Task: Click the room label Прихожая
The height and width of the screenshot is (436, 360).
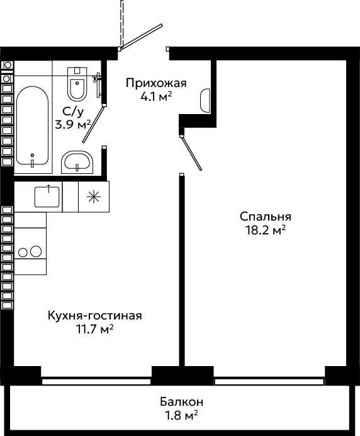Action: [x=156, y=83]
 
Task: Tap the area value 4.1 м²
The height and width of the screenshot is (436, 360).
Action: [x=156, y=96]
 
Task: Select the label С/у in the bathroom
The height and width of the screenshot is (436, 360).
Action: [x=73, y=112]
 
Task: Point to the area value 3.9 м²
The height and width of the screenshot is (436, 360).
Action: [x=73, y=125]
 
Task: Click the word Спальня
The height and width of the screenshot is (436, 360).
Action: [x=265, y=217]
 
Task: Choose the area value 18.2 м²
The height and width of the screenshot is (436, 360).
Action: [x=265, y=230]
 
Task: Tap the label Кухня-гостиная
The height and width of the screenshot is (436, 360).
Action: [x=95, y=316]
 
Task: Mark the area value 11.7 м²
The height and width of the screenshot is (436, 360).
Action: [x=95, y=330]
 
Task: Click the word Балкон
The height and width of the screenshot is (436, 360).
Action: [x=181, y=402]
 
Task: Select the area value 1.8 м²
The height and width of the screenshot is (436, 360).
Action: [x=181, y=415]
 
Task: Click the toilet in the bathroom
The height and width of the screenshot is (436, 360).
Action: [x=77, y=84]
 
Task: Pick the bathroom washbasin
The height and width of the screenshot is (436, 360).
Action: [x=77, y=163]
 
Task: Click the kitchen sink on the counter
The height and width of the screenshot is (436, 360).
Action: [x=47, y=197]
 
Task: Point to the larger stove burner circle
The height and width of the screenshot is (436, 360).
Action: [x=36, y=251]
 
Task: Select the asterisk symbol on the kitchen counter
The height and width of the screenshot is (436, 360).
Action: [x=94, y=197]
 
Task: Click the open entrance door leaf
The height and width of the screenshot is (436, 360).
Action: [x=142, y=37]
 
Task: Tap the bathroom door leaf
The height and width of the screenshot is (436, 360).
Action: [x=93, y=124]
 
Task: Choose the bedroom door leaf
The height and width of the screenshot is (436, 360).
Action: [x=191, y=153]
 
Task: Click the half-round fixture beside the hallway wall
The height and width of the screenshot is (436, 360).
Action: [x=205, y=101]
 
